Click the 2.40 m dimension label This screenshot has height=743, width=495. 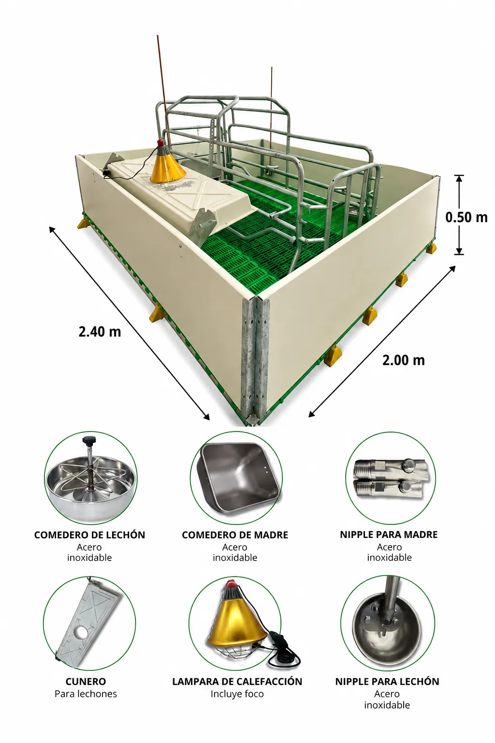[x=100, y=332]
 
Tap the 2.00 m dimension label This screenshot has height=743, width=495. [x=404, y=360]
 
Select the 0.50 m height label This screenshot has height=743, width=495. [x=466, y=217]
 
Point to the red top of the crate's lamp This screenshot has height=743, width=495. [x=161, y=143]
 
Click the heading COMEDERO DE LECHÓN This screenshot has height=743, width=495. [x=89, y=535]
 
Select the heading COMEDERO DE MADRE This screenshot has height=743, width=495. [x=235, y=535]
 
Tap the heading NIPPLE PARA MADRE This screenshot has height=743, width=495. [x=389, y=535]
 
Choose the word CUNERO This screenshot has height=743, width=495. [x=86, y=682]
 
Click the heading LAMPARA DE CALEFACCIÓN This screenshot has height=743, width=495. [x=237, y=682]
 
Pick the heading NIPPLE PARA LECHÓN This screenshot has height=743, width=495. [x=387, y=682]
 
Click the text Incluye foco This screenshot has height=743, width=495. [x=237, y=694]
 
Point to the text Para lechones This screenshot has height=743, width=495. [x=86, y=694]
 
